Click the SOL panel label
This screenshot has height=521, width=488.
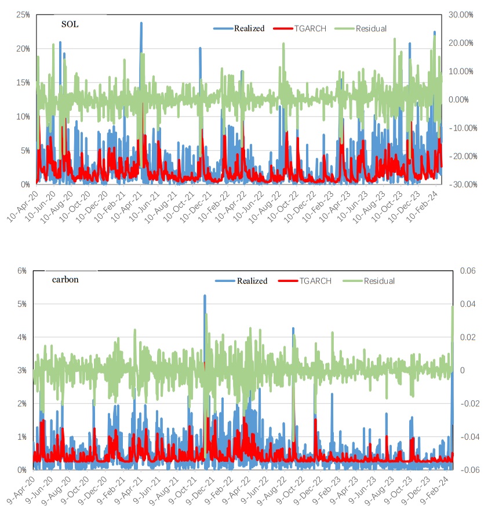point(70,24)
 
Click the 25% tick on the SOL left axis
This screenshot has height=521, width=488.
point(23,15)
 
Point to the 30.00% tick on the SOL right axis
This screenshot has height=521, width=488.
point(461,15)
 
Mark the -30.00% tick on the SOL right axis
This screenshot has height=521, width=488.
point(460,184)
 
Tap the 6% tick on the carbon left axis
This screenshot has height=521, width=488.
point(22,270)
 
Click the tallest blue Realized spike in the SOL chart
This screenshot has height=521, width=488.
point(141,24)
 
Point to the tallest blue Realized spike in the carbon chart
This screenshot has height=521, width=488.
point(205,296)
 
